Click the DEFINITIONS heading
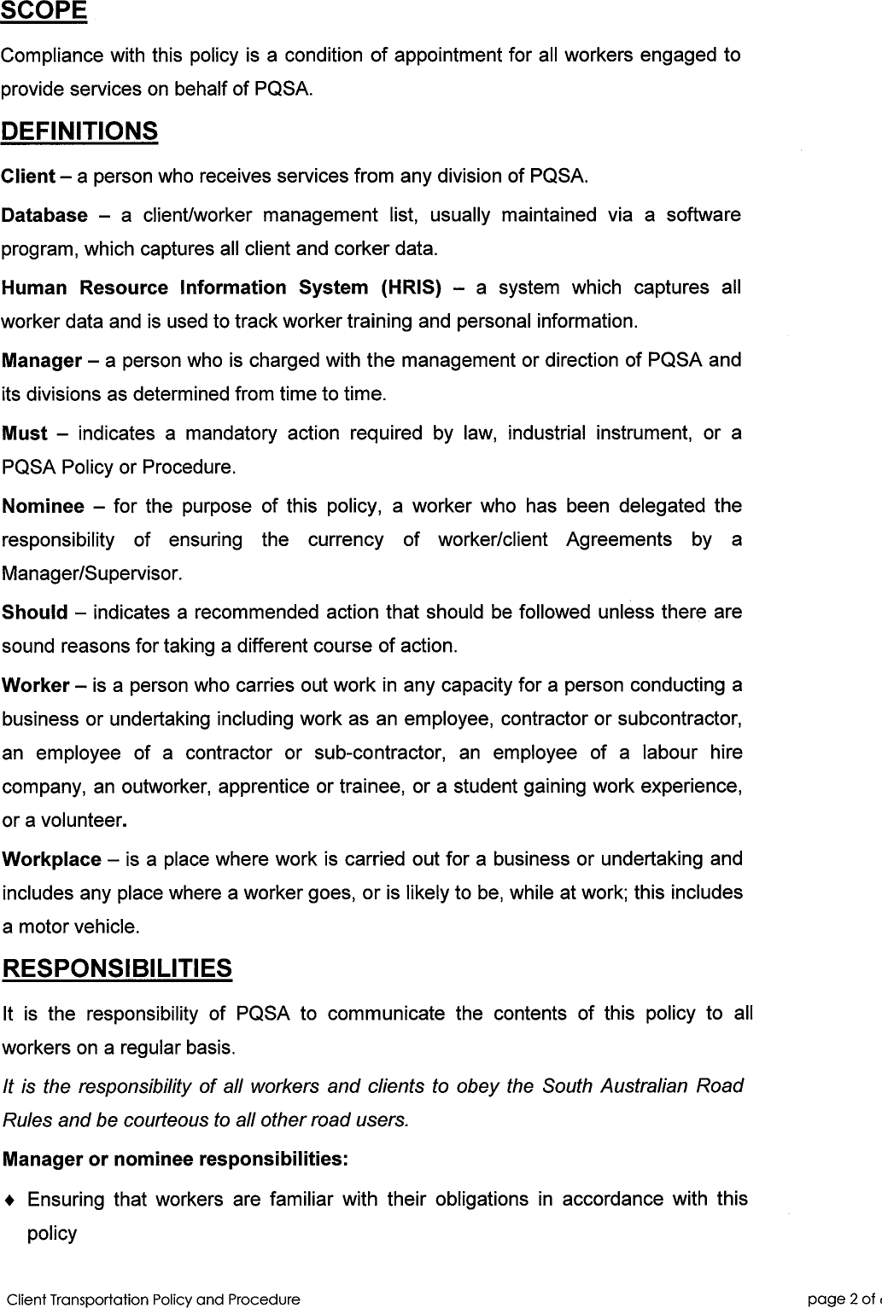click(x=79, y=132)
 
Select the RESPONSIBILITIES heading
click(x=117, y=969)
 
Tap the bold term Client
click(x=28, y=177)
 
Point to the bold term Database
click(x=44, y=216)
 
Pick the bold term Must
click(x=25, y=434)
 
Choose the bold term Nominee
click(x=44, y=507)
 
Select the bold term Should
click(x=35, y=613)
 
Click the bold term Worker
click(x=36, y=686)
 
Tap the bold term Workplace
click(x=52, y=860)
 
